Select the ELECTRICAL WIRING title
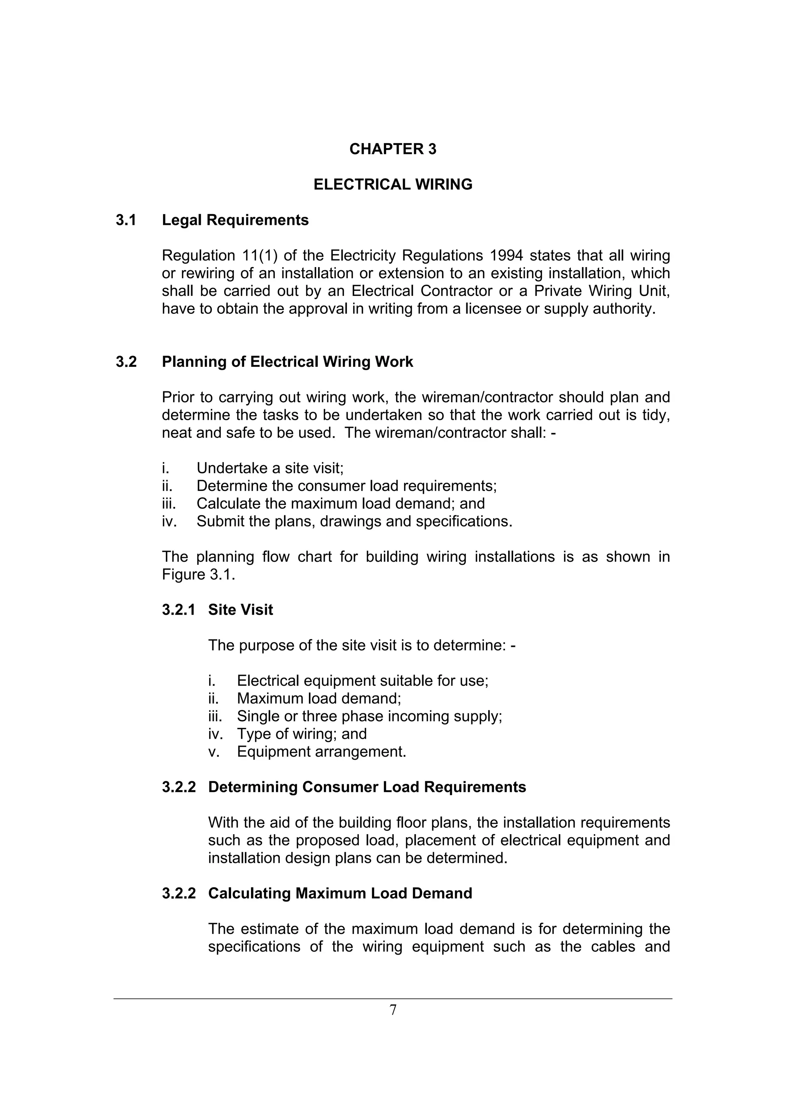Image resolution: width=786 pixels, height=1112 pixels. [393, 185]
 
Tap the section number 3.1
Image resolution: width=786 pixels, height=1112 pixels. [126, 220]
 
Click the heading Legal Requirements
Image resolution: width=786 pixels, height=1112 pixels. [235, 220]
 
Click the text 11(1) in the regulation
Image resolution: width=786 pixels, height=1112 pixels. [259, 256]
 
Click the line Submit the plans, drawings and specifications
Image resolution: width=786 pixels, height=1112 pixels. [354, 521]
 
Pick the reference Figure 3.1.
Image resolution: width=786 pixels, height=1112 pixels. [198, 575]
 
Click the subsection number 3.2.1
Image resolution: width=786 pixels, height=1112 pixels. [179, 610]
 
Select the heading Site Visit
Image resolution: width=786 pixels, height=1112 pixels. [240, 610]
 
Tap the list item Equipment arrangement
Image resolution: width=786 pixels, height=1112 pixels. [321, 752]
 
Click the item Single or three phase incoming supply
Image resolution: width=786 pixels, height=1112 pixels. [369, 716]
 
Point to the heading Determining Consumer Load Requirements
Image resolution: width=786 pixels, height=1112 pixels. [367, 787]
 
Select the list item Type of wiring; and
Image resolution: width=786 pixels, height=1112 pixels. [301, 734]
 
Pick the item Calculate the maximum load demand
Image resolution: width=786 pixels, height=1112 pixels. [340, 504]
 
